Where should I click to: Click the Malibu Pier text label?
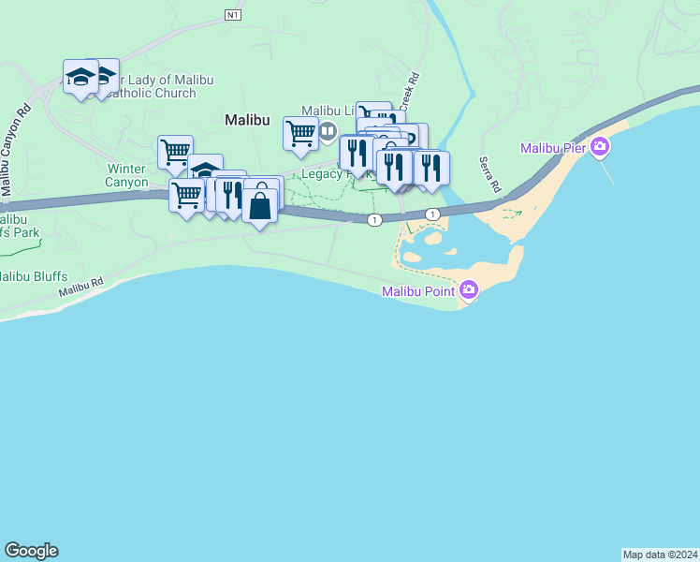pyautogui.click(x=553, y=148)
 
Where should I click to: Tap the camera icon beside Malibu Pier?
pyautogui.click(x=600, y=148)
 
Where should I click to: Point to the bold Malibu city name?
pyautogui.click(x=247, y=120)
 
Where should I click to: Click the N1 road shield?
pyautogui.click(x=233, y=15)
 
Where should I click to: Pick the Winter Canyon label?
pyautogui.click(x=127, y=175)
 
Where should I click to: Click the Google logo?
pyautogui.click(x=30, y=551)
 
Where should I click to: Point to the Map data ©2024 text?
pyautogui.click(x=660, y=554)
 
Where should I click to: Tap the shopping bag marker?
pyautogui.click(x=260, y=204)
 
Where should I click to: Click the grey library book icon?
pyautogui.click(x=328, y=131)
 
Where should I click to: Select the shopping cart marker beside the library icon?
pyautogui.click(x=300, y=132)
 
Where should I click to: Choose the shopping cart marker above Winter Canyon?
pyautogui.click(x=175, y=151)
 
